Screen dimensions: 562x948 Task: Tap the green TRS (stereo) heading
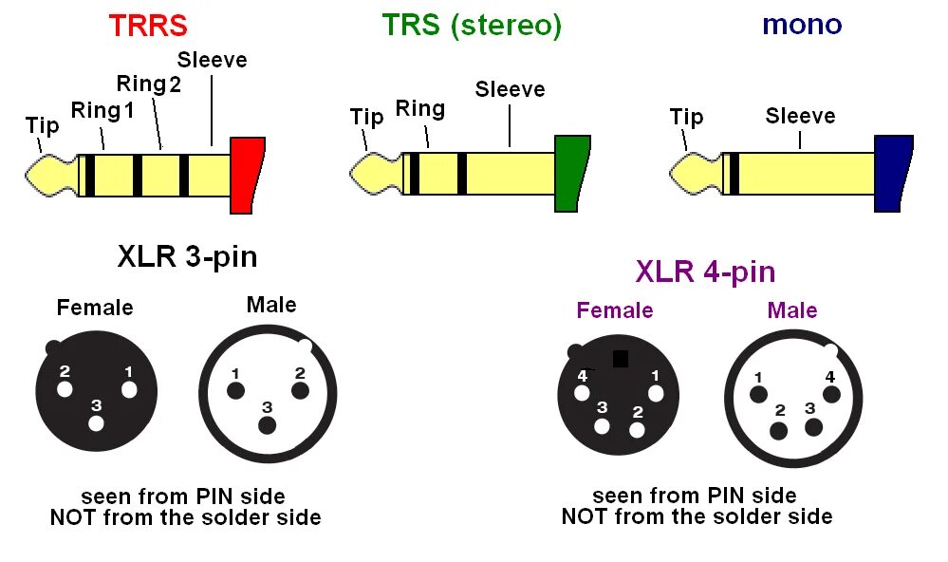click(x=472, y=26)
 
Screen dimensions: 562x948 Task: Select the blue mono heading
click(x=802, y=24)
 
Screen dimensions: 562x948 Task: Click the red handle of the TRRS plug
click(x=247, y=175)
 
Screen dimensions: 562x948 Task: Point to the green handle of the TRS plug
click(x=571, y=173)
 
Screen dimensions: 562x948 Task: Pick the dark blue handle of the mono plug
click(x=892, y=173)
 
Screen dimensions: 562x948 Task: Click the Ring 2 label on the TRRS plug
click(x=148, y=84)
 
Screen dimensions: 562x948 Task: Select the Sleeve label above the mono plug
click(x=800, y=116)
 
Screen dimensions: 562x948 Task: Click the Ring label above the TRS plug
click(x=419, y=108)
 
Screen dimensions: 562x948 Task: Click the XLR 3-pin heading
click(x=187, y=256)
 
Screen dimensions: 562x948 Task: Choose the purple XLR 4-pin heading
click(x=705, y=272)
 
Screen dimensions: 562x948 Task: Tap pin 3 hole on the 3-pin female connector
click(x=96, y=422)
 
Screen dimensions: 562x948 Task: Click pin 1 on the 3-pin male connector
click(x=235, y=390)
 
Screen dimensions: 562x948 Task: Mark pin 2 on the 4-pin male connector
click(x=779, y=429)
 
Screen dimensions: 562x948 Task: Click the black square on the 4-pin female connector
click(x=621, y=359)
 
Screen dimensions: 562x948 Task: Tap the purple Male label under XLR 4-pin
click(x=792, y=310)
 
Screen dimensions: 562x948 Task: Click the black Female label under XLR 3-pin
click(x=95, y=308)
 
